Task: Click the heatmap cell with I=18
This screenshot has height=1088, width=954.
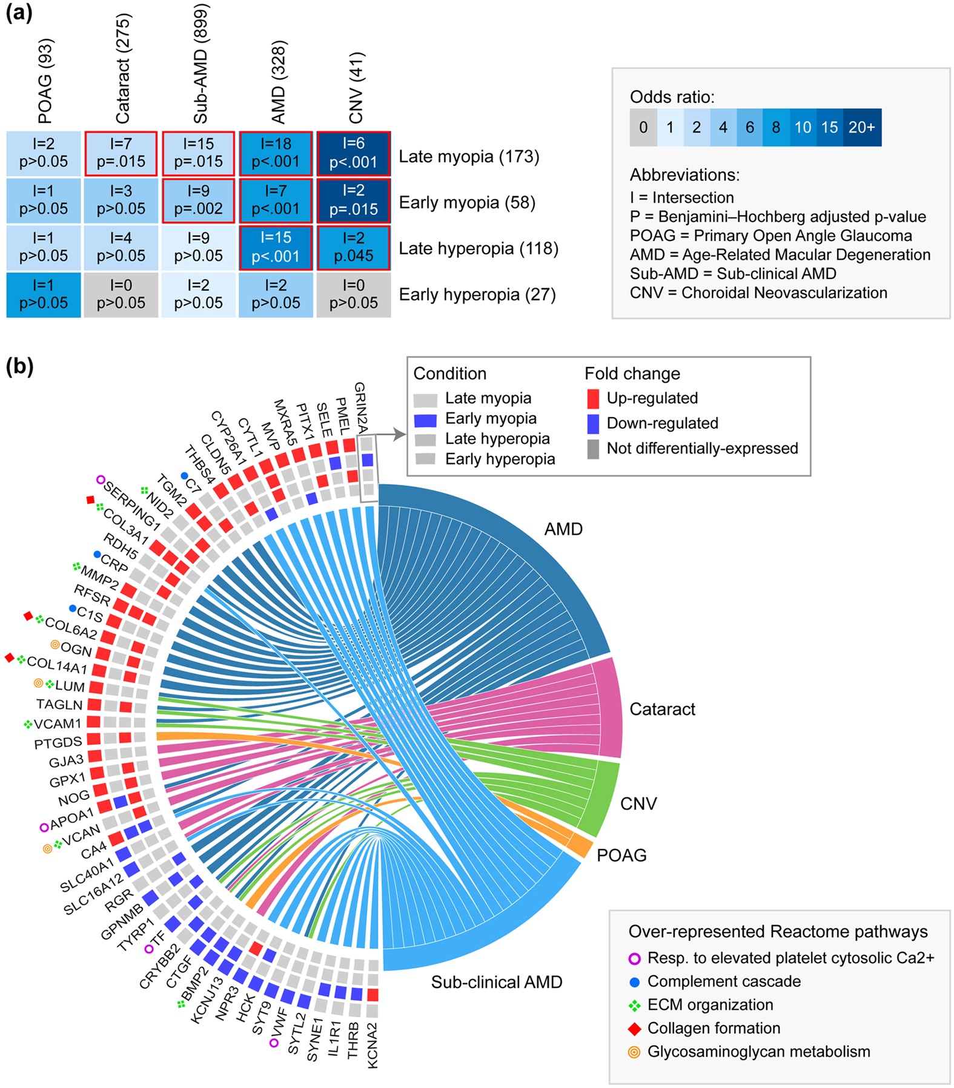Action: click(x=276, y=153)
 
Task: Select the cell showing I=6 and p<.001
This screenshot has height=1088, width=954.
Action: click(x=353, y=153)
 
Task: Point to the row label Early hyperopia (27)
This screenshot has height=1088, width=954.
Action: click(x=477, y=295)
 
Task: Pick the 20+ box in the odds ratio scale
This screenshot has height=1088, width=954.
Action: click(x=861, y=127)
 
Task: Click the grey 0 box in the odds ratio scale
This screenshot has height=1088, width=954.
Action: click(x=643, y=127)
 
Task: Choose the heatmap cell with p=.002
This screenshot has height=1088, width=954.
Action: click(x=198, y=200)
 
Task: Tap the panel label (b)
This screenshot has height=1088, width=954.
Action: click(x=19, y=366)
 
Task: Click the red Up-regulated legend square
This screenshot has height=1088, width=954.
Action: click(x=594, y=398)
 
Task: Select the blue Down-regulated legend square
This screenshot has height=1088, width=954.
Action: click(x=594, y=423)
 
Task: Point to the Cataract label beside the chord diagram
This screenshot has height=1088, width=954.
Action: click(x=662, y=709)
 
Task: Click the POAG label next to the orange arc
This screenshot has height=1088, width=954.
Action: click(x=621, y=855)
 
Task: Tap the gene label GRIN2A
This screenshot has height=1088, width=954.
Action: click(x=361, y=407)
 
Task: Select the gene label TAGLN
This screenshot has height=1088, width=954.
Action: click(x=59, y=705)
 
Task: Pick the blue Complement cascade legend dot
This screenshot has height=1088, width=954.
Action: click(x=635, y=981)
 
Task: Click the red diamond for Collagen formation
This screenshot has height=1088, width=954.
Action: click(x=635, y=1029)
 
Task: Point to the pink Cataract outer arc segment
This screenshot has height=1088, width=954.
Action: click(x=609, y=708)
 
